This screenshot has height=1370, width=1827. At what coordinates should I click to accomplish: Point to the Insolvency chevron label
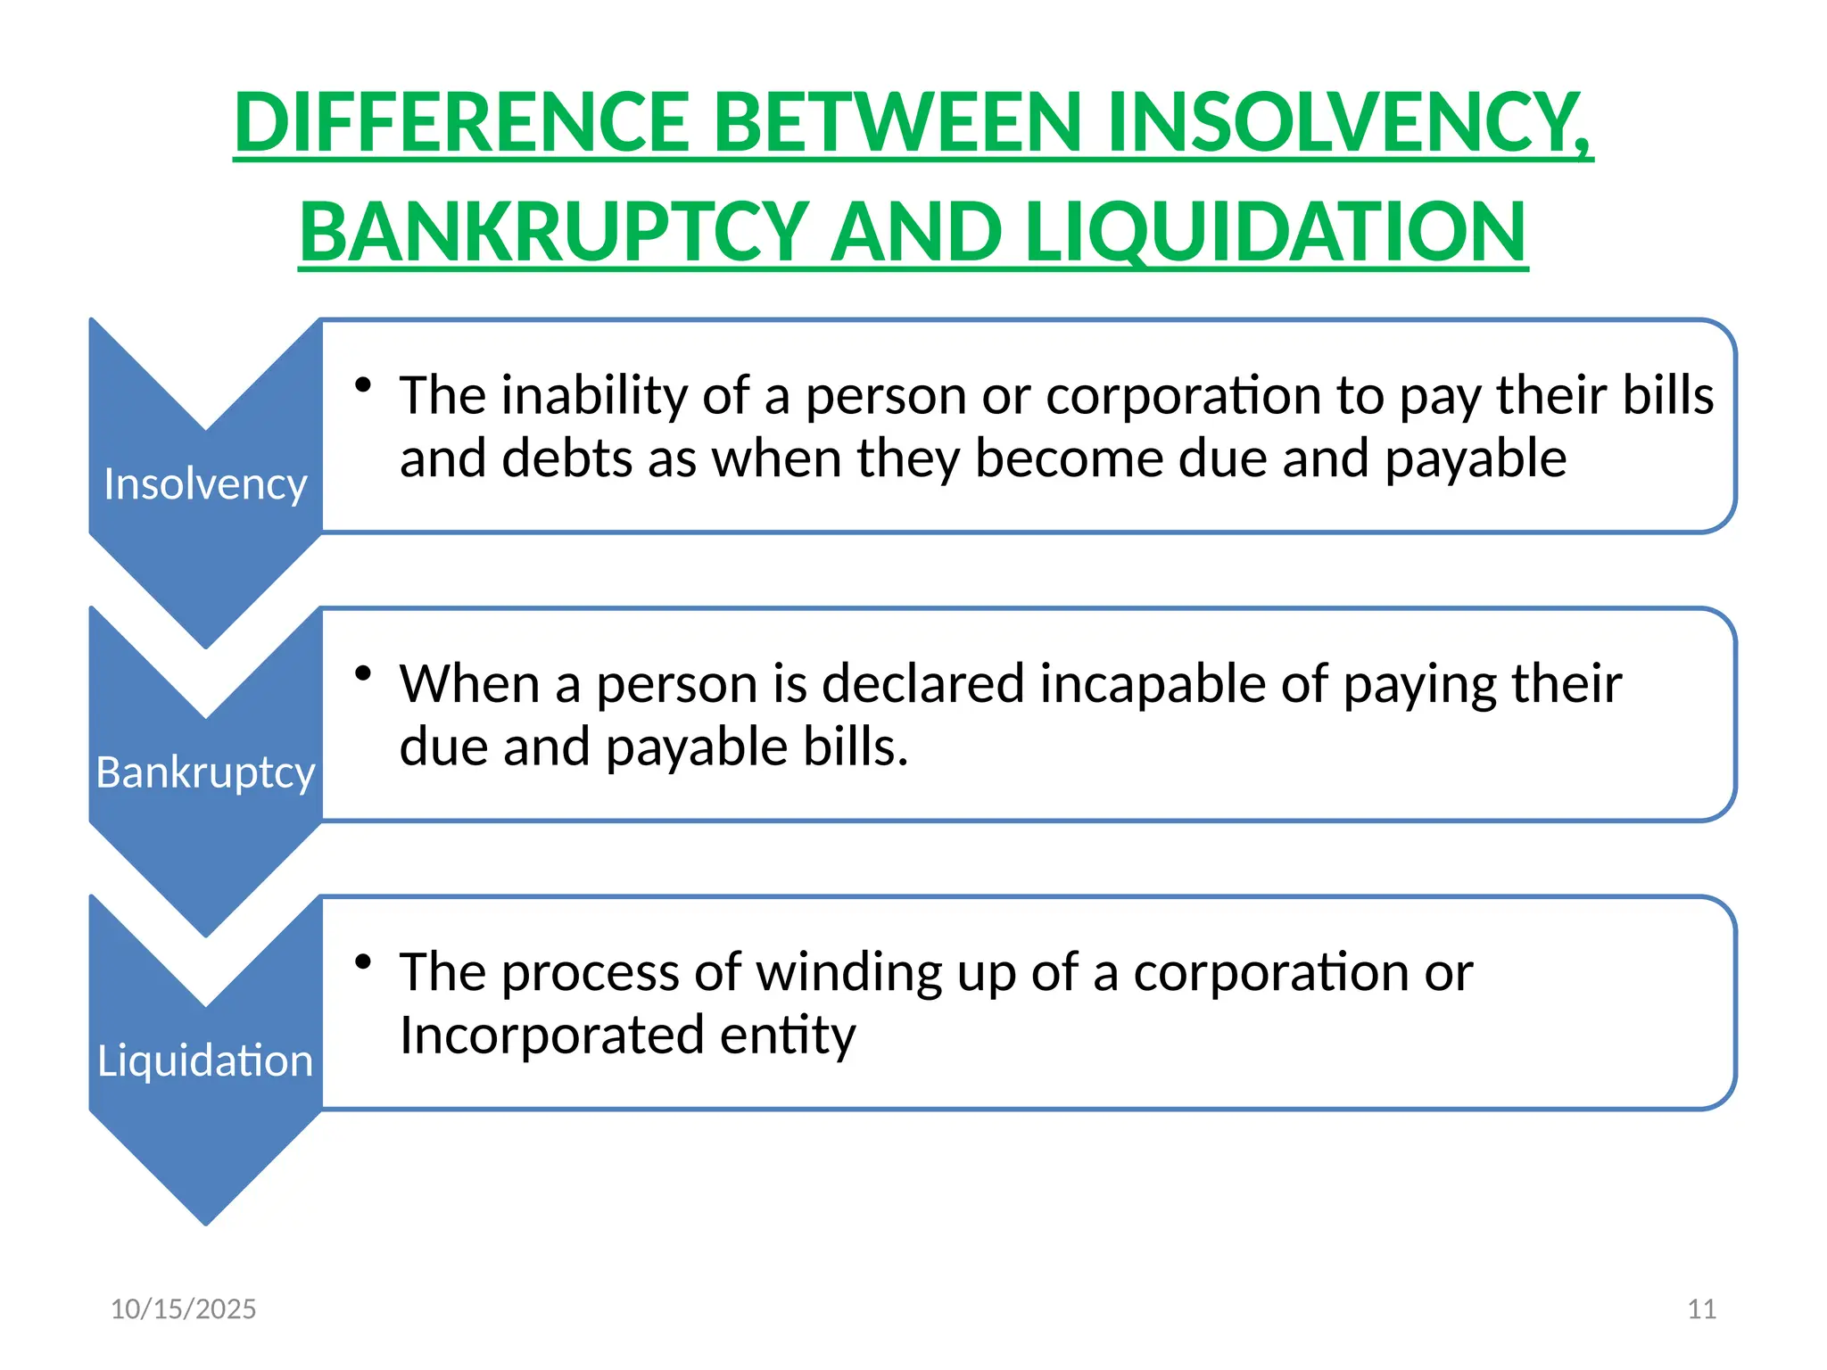205,484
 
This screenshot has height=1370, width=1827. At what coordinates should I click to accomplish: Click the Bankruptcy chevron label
205,772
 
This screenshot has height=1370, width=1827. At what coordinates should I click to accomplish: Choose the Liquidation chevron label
205,1061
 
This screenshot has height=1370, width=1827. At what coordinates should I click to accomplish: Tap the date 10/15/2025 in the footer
183,1308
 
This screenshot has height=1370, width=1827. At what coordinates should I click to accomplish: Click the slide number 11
1701,1308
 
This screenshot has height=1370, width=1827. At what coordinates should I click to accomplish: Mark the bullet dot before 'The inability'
362,384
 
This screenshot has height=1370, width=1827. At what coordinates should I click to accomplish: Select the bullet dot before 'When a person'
362,673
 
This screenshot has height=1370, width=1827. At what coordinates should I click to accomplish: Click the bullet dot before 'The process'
362,961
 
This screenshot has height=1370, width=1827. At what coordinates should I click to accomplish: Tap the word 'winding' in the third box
849,972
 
